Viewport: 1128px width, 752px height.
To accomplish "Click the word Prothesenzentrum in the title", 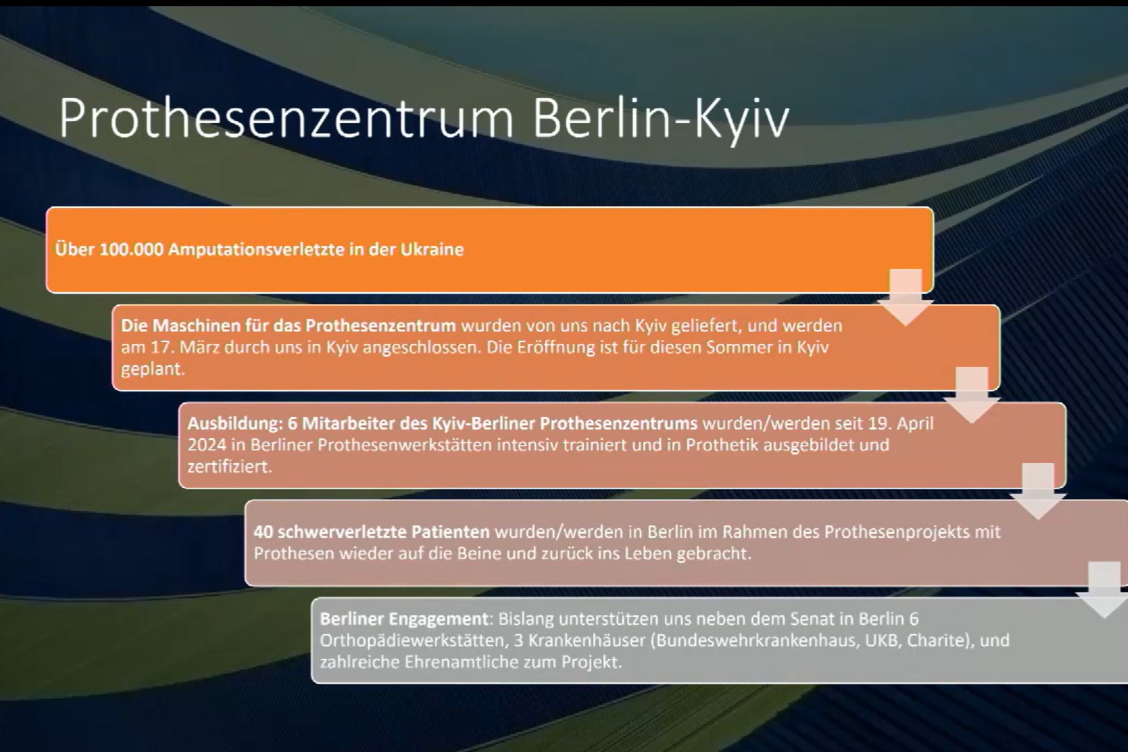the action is coord(286,119).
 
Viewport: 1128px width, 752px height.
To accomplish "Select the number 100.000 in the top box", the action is coord(131,250).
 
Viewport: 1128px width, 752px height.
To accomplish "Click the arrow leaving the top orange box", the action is coord(906,297).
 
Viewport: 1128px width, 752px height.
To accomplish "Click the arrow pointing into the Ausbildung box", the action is coord(972,395).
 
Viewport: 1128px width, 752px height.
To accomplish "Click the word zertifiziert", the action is coord(229,466).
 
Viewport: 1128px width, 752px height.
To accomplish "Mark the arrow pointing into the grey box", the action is coord(1104,590).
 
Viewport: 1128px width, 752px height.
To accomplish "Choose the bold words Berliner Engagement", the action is coord(404,619).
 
